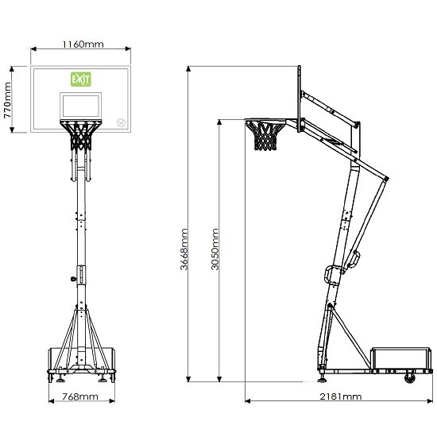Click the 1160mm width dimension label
[x=83, y=44]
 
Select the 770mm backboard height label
[x=7, y=100]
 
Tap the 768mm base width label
[x=80, y=396]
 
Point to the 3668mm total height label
[x=184, y=249]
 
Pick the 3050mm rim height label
[x=215, y=249]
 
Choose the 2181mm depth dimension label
[x=340, y=396]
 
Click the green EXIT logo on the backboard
[x=81, y=79]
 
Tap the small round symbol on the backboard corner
[x=122, y=123]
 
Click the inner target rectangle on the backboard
[x=80, y=106]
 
